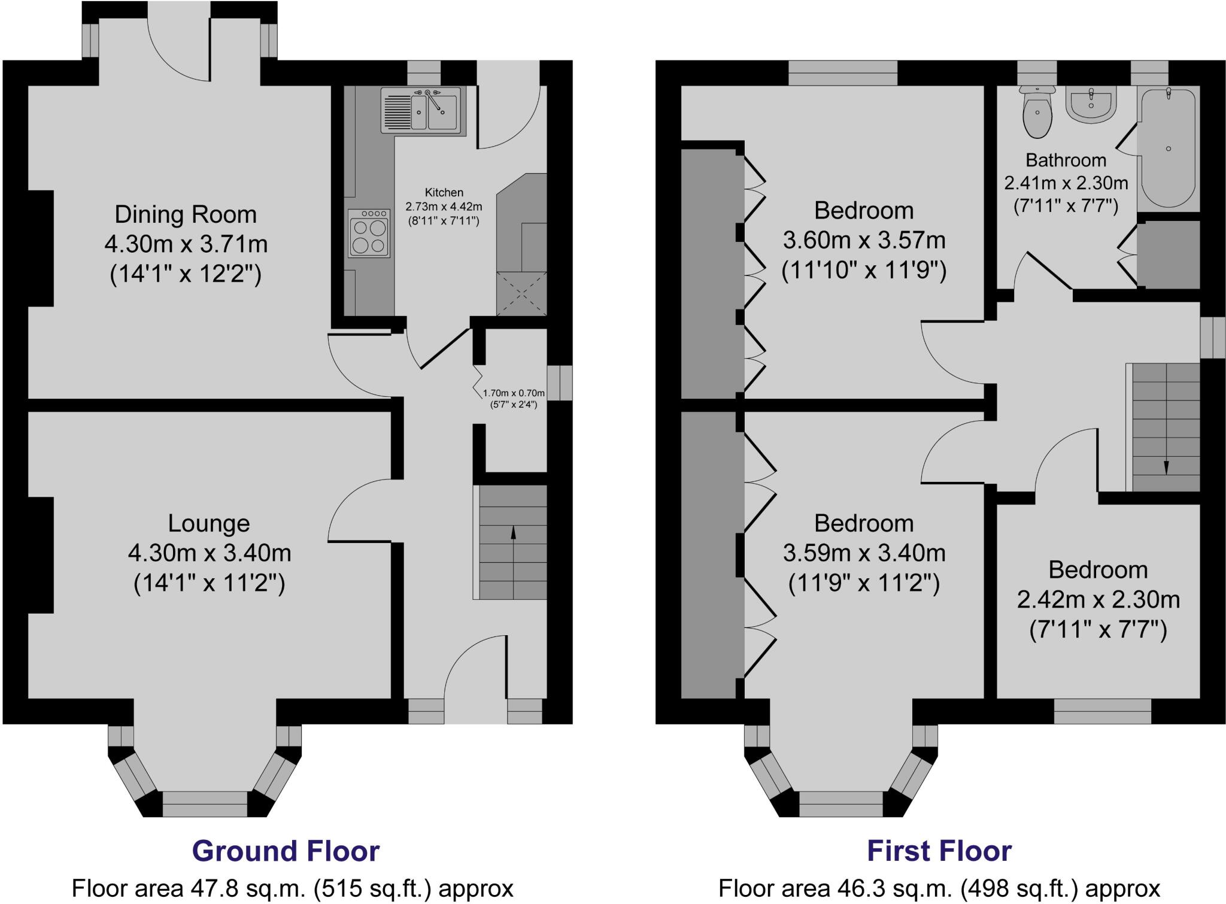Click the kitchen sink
tap(423, 110)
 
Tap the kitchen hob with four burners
tap(369, 233)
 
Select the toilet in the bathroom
tap(1037, 114)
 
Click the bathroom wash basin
tap(1091, 105)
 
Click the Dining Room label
tap(186, 214)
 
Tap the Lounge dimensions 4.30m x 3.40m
tap(209, 553)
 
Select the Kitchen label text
tap(444, 192)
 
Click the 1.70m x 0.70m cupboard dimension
tap(514, 393)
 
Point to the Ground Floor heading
tap(286, 851)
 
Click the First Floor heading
tap(939, 851)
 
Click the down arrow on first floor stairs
tap(1166, 467)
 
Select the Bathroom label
tap(1066, 160)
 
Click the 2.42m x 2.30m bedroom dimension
tap(1098, 599)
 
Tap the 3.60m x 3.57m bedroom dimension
tap(864, 240)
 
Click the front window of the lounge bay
tap(205, 804)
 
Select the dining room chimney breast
tap(40, 248)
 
